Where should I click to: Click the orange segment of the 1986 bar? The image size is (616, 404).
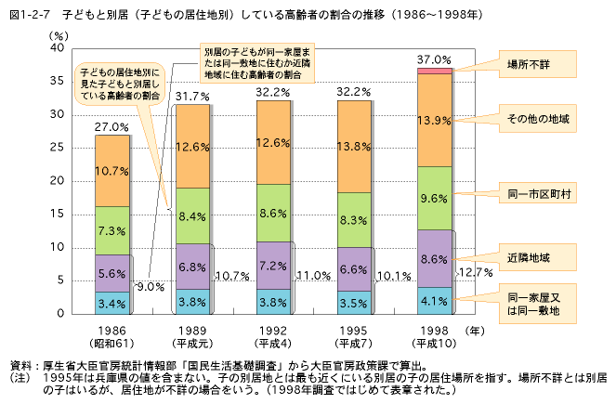pos(111,171)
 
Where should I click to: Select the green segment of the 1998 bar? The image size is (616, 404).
pos(436,198)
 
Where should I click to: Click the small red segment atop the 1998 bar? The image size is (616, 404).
pos(436,71)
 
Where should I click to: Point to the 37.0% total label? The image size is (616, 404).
pos(436,59)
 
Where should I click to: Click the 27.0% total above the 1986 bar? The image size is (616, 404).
pos(111,126)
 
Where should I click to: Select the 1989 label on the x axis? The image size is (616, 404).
pos(192,330)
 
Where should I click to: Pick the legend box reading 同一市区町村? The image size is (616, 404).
pos(538,200)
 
